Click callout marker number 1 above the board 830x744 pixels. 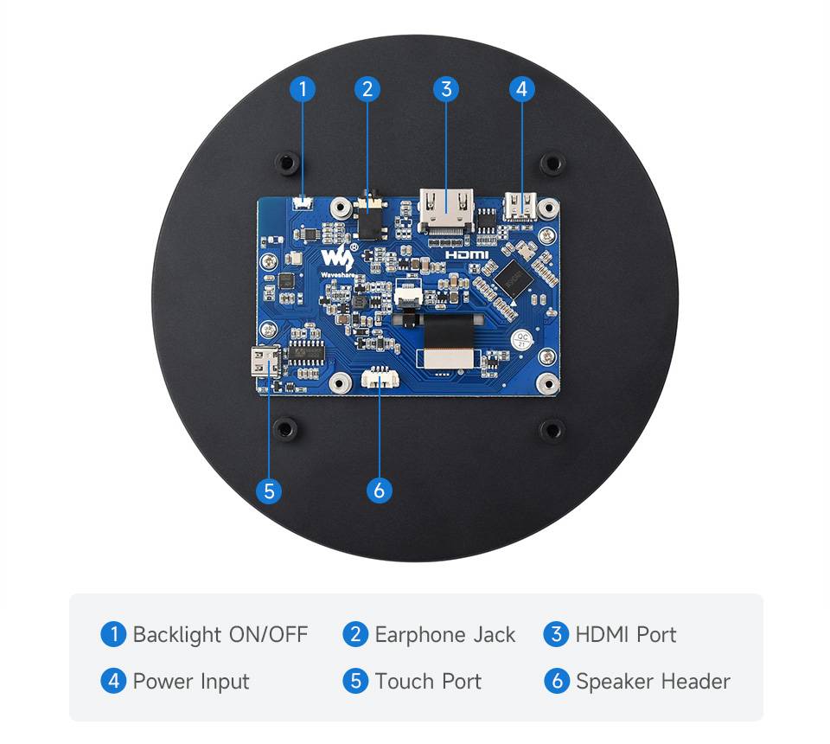303,88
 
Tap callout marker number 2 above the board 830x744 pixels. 367,88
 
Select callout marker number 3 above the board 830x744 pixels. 445,88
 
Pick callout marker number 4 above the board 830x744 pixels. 521,88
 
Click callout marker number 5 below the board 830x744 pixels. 269,491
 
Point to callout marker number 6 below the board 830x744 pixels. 379,491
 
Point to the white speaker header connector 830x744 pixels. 380,378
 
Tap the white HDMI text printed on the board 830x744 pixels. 468,256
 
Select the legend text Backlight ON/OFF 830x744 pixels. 220,634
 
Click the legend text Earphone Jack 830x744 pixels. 444,634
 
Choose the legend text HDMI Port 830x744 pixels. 626,634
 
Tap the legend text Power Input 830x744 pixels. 191,681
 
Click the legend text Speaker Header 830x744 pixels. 653,681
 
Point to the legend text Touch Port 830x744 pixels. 428,681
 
